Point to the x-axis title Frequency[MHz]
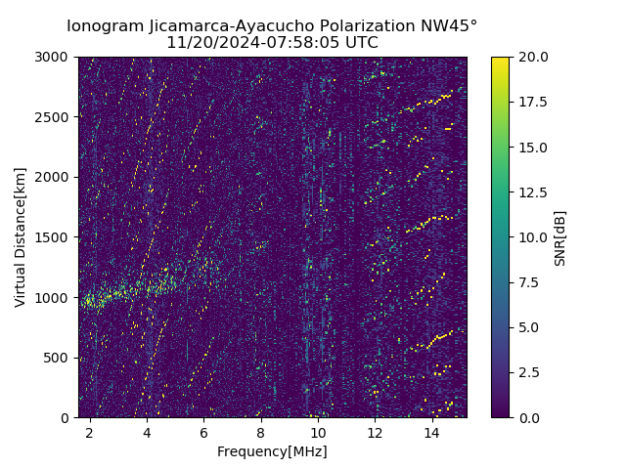pos(272,451)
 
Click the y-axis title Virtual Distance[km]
pos(21,237)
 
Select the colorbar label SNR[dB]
pos(560,237)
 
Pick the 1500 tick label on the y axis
pos(54,237)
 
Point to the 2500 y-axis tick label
pos(54,117)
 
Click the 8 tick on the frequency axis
pos(261,432)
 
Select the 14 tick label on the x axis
pos(432,432)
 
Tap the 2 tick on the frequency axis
pos(90,432)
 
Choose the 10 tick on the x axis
pos(318,432)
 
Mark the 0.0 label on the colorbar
pos(529,417)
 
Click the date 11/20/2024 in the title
pos(206,43)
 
